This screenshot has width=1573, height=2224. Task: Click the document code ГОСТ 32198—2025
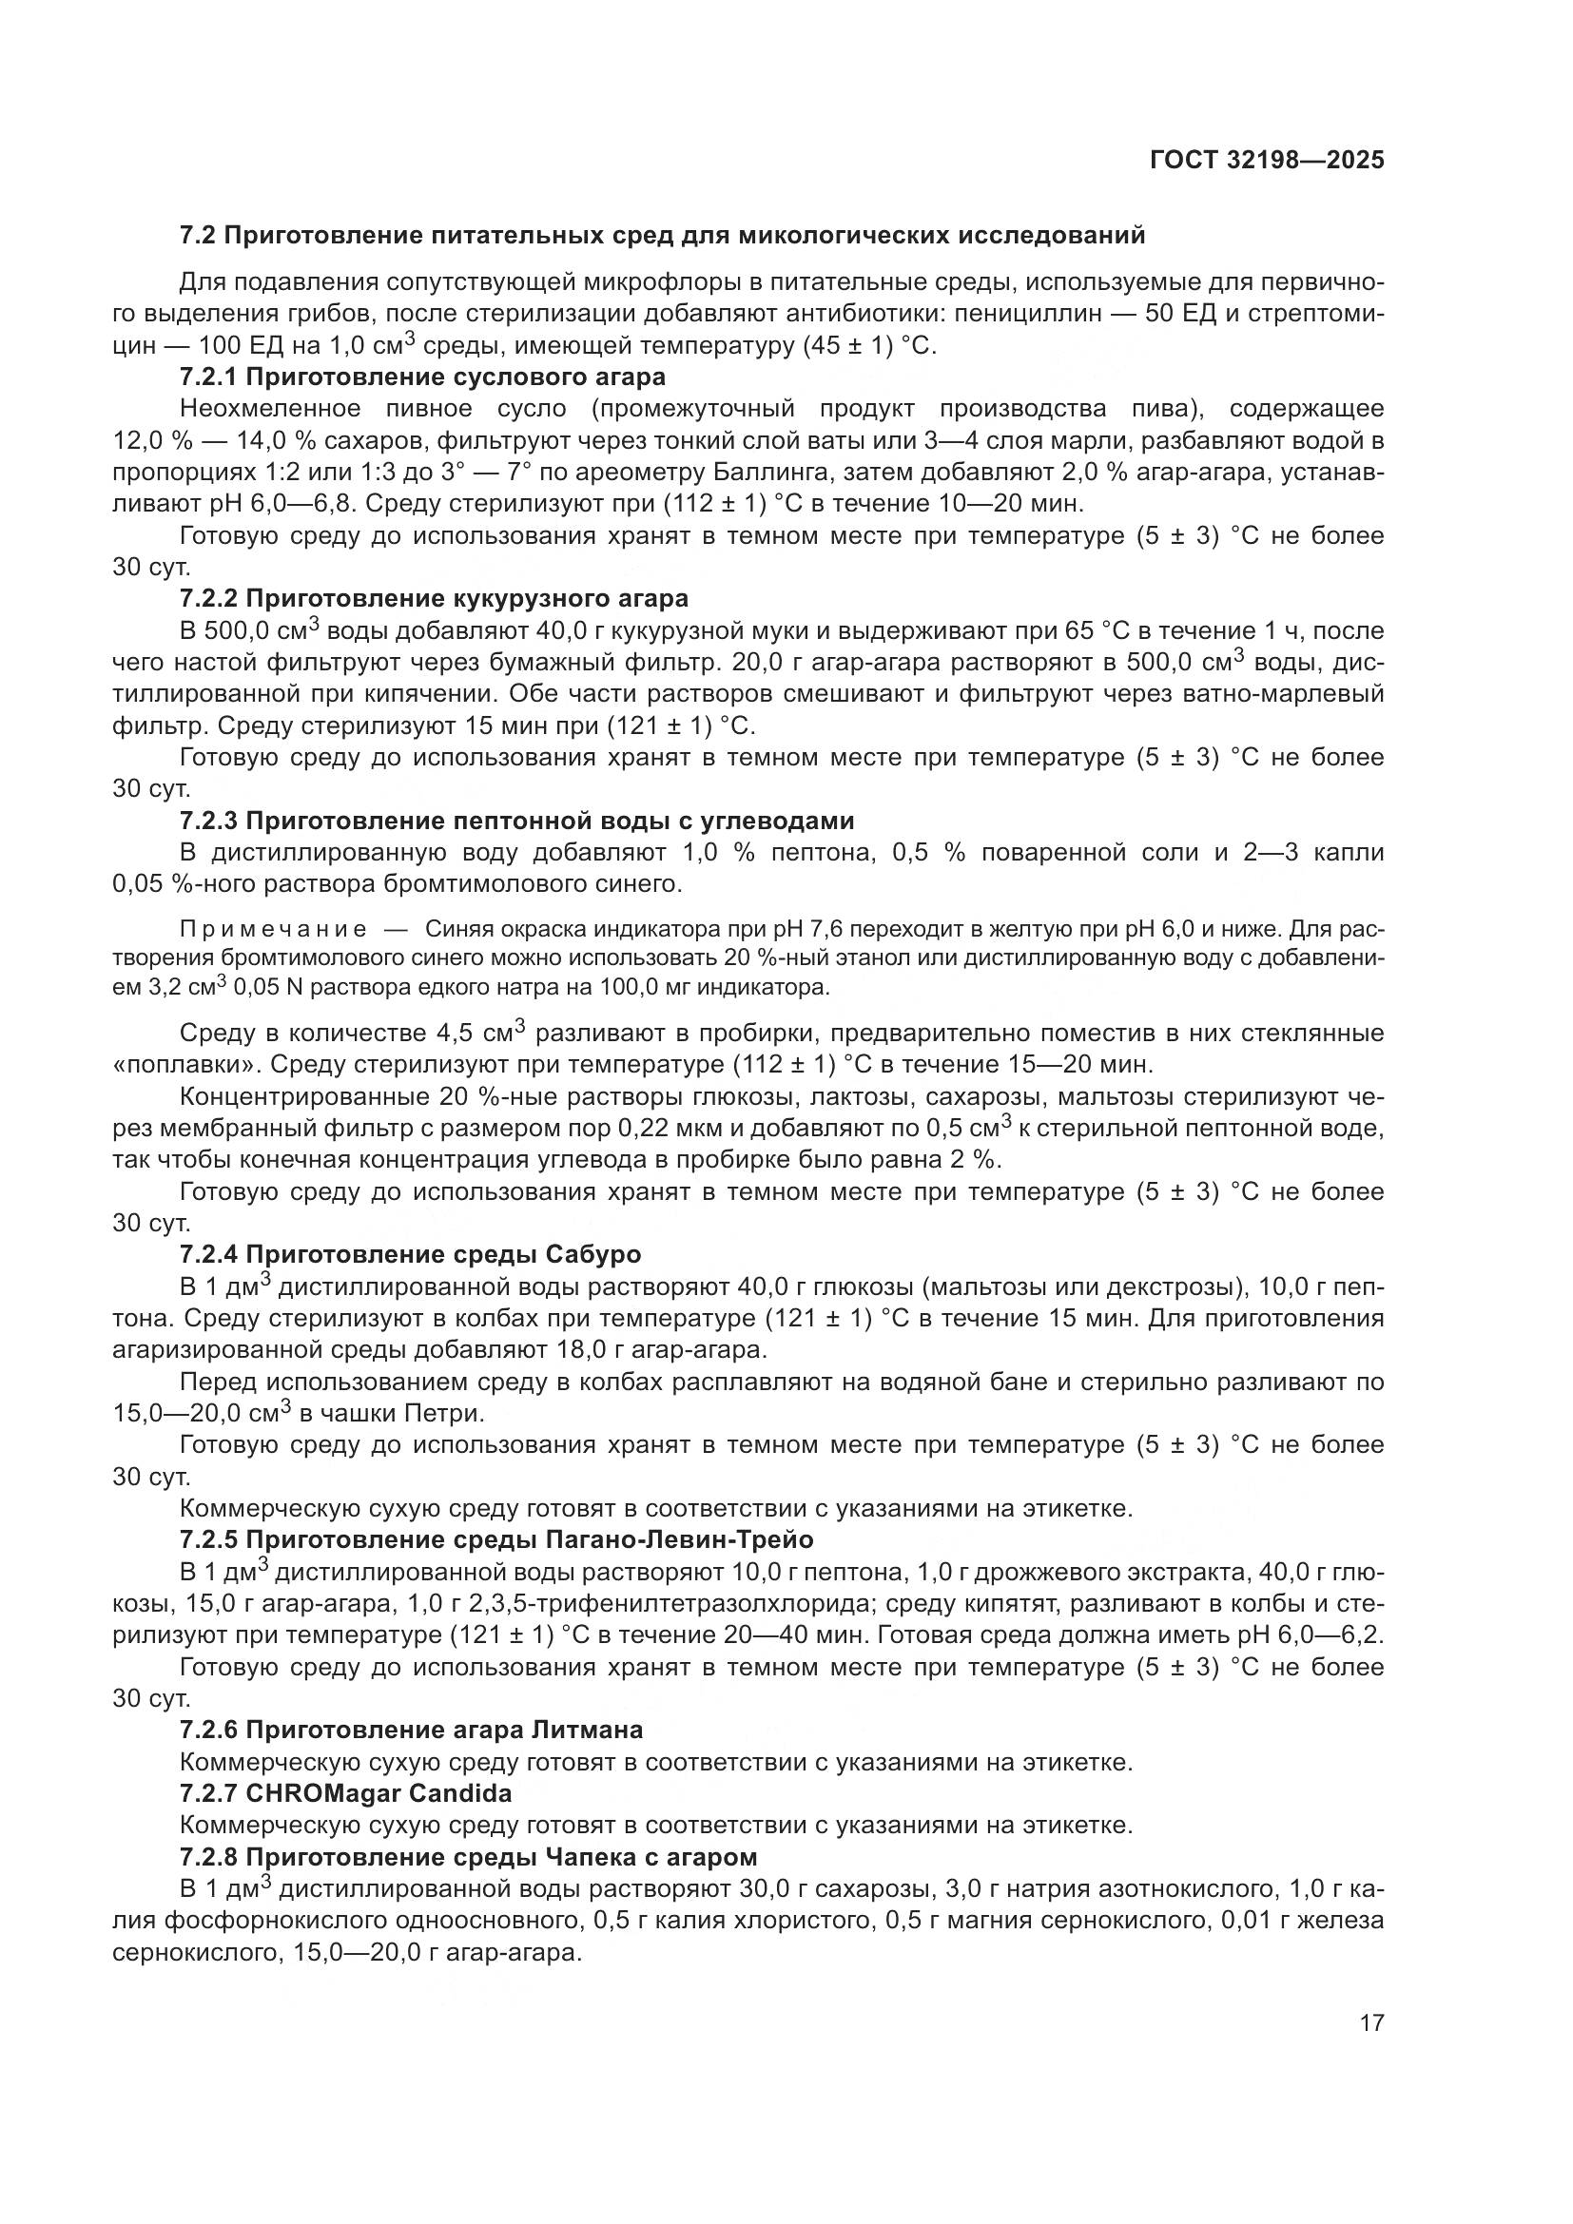1266,160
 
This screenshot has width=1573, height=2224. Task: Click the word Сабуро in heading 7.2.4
593,1254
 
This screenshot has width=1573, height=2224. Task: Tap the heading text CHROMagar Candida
379,1793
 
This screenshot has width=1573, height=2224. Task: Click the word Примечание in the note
273,930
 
